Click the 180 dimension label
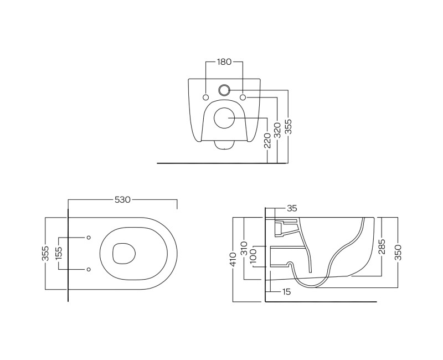pos(224,61)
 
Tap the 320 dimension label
pos(277,131)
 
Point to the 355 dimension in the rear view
pos(288,127)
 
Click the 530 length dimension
pos(123,200)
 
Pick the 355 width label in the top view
pos(45,254)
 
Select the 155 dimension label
pos(59,254)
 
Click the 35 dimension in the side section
pos(292,208)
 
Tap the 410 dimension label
pos(233,259)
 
